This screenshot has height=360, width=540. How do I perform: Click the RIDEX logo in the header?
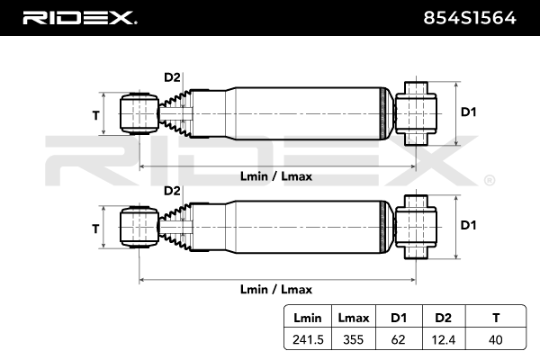click(78, 18)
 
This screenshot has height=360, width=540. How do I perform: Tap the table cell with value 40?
click(494, 340)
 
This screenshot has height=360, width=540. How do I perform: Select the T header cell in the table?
click(494, 317)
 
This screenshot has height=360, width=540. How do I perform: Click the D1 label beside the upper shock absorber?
click(468, 112)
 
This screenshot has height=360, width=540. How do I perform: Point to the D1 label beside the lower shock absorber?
click(468, 225)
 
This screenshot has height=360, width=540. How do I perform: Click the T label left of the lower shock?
click(95, 229)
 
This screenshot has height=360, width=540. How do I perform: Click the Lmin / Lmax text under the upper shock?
click(276, 176)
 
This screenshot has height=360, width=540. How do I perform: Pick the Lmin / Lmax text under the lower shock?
click(276, 289)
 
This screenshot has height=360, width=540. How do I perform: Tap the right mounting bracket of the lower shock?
click(417, 227)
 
